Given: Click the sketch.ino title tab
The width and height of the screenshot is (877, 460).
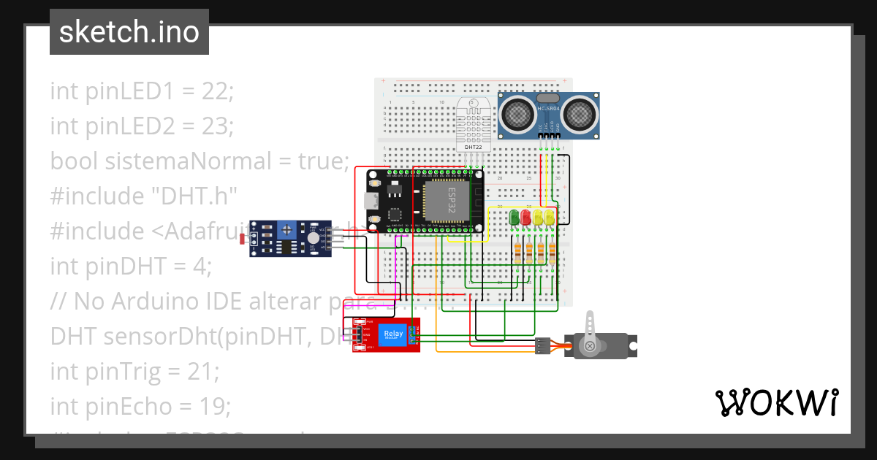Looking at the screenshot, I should [129, 32].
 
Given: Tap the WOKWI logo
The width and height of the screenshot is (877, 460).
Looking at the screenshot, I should [775, 402].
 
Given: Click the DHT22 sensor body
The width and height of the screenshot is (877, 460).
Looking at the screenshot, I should [474, 124].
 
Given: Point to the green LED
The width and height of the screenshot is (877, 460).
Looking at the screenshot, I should [515, 217].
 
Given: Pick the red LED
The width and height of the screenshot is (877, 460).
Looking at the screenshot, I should [525, 217].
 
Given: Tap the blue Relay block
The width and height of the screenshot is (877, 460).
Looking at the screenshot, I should [392, 335].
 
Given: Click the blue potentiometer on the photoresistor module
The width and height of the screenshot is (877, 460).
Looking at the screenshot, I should [289, 229].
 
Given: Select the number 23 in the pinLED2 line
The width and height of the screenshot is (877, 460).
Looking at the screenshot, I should [216, 126].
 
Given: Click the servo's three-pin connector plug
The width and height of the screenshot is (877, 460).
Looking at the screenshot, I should [542, 345].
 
